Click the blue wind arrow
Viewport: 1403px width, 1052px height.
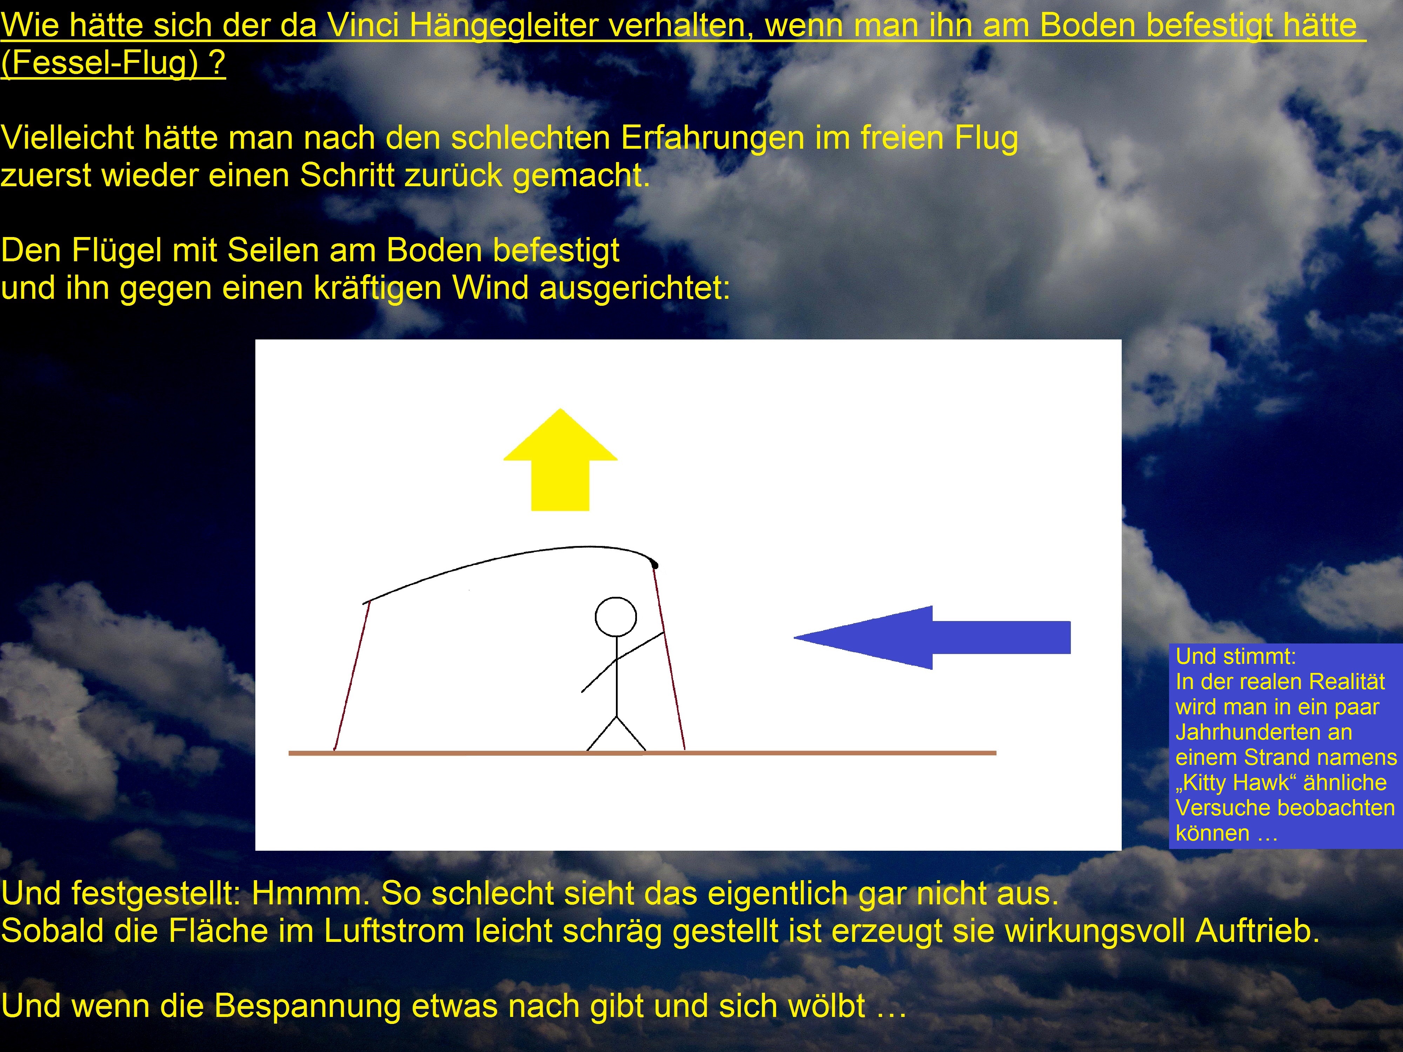coord(932,637)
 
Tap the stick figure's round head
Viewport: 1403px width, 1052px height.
coord(616,617)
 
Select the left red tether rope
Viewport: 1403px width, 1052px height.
coord(351,676)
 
